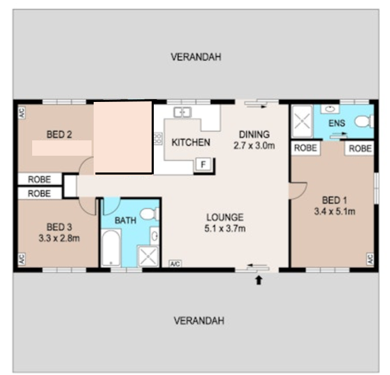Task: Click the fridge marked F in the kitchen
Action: point(203,164)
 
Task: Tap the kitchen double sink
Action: point(182,112)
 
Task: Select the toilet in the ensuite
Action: point(364,122)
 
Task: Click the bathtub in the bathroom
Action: point(111,248)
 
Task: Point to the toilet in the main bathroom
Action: point(150,214)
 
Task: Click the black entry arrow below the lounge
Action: point(259,280)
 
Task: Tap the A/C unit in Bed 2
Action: point(22,112)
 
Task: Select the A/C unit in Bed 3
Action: point(22,259)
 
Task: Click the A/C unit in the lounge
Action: point(175,264)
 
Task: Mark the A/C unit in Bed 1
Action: point(370,259)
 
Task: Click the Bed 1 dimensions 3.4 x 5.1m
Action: point(335,212)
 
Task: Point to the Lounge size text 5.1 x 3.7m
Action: point(225,228)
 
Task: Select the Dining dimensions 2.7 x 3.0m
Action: point(254,145)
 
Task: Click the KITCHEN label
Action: point(191,142)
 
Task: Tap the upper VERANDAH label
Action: point(196,57)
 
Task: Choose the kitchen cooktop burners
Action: point(158,139)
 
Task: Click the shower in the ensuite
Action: point(302,122)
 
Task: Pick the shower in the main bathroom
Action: point(148,256)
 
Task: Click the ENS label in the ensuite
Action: point(337,123)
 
